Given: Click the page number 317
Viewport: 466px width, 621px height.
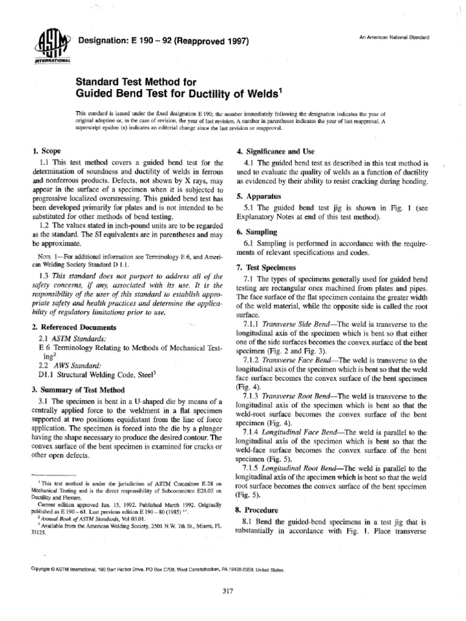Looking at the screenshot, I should point(229,590).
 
